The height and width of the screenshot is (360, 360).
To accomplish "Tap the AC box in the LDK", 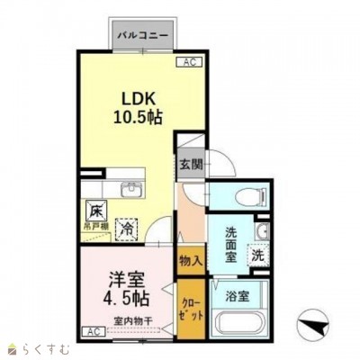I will pyautogui.click(x=190, y=63).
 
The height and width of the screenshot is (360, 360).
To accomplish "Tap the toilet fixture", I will pyautogui.click(x=249, y=197).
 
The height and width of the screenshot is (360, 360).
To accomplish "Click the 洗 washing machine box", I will pyautogui.click(x=257, y=255).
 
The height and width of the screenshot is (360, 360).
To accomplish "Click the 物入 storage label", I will pyautogui.click(x=189, y=261).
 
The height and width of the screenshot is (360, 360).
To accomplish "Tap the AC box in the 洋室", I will pyautogui.click(x=94, y=331).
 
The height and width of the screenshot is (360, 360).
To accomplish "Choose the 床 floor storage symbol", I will pyautogui.click(x=96, y=211).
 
